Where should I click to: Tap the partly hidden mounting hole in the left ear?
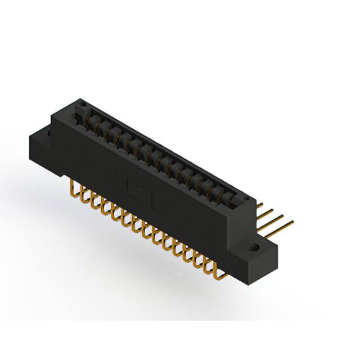49,134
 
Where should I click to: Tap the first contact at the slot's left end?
90,119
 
